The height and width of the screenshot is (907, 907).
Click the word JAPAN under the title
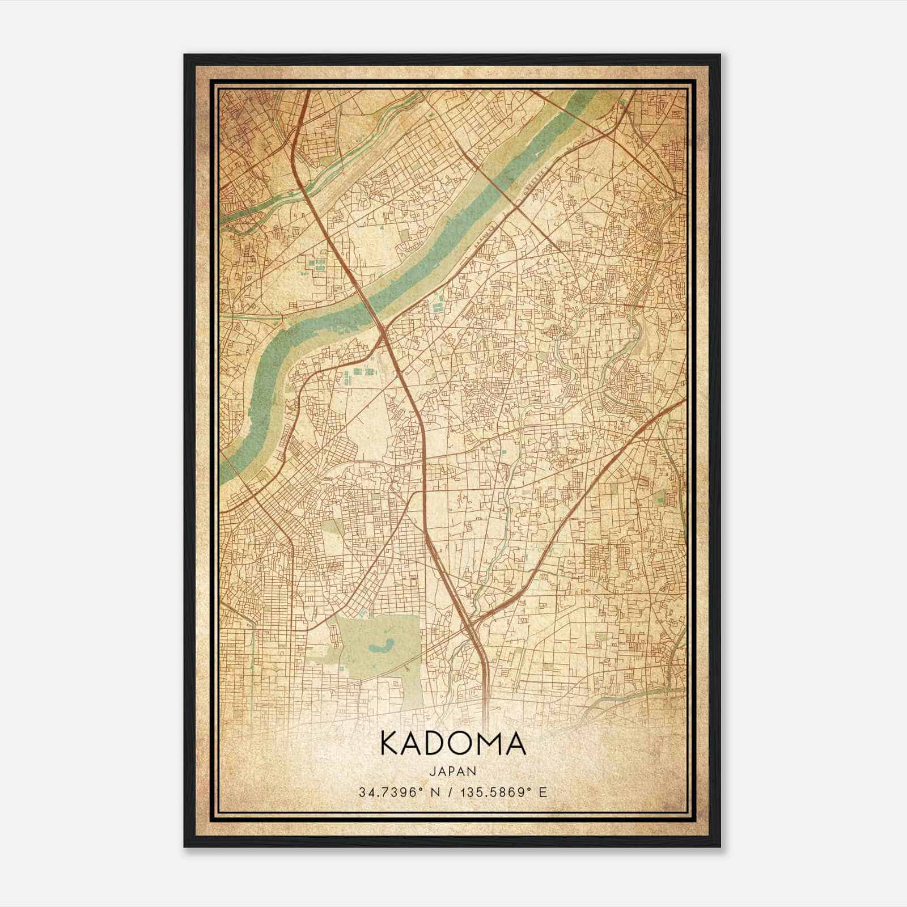pyautogui.click(x=453, y=771)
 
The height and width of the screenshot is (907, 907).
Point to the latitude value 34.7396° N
pyautogui.click(x=399, y=792)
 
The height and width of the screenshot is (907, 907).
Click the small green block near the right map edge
pyautogui.click(x=659, y=499)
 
